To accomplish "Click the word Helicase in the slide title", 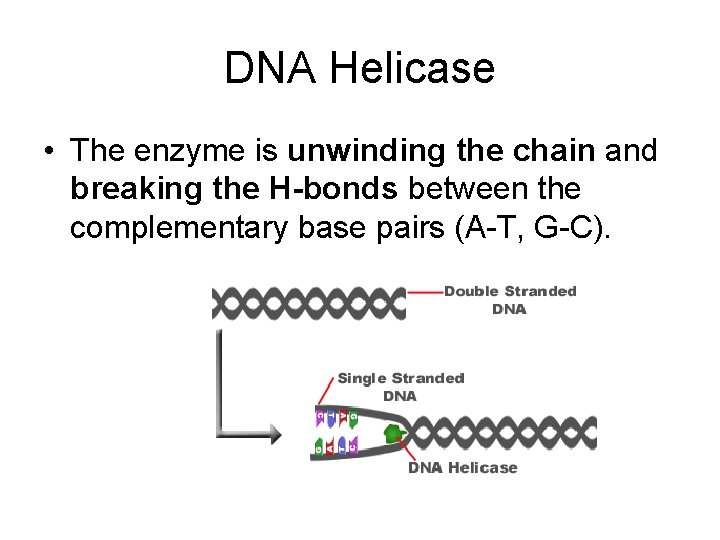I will [x=413, y=68].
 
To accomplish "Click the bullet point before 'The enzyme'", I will [x=48, y=152].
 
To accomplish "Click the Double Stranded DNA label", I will [x=510, y=300].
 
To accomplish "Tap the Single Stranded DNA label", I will [x=400, y=386].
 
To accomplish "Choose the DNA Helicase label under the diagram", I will [x=462, y=468].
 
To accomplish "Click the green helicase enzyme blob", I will [x=392, y=434].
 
